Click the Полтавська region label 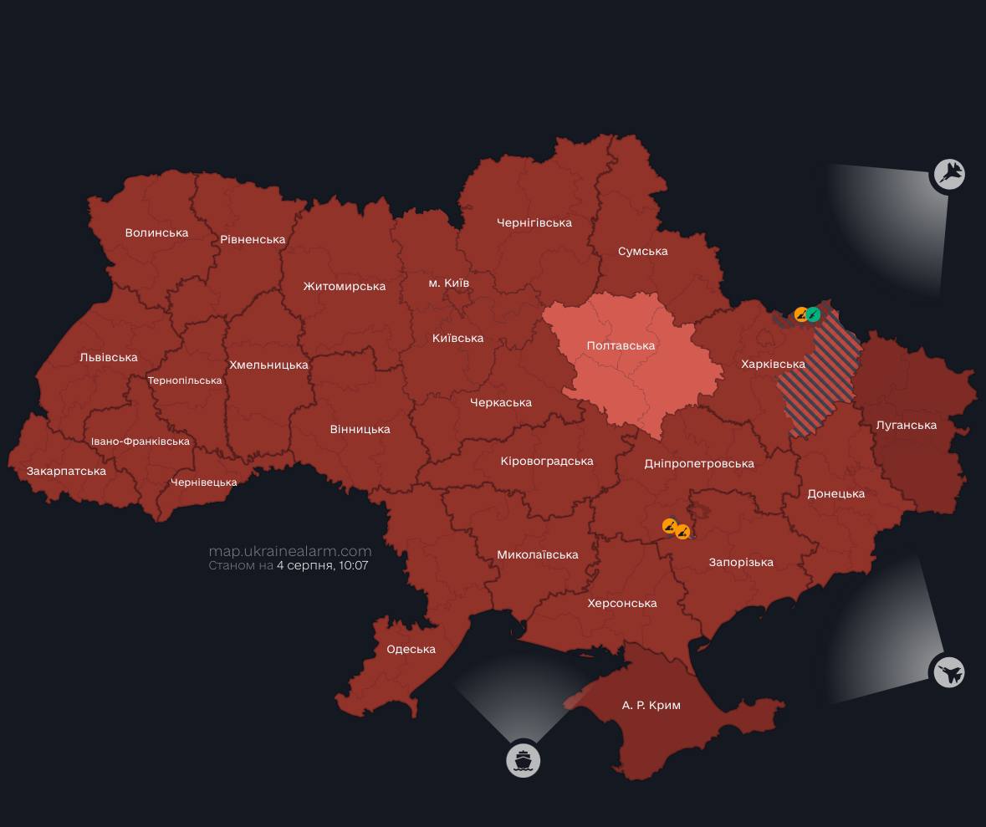coord(621,345)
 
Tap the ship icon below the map coord(524,761)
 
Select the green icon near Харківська coord(813,315)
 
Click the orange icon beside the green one coord(801,315)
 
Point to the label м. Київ coord(448,283)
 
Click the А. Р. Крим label coord(651,705)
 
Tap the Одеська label coord(411,649)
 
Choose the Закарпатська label coord(66,471)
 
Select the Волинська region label coord(156,232)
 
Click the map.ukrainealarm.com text coord(290,551)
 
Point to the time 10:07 coord(353,565)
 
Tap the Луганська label coord(906,425)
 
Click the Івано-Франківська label coord(140,441)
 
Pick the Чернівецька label coord(203,482)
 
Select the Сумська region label coord(642,251)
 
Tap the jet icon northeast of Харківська coord(949,174)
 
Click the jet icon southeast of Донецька coord(948,671)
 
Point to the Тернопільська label coord(185,380)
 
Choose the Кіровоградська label coord(547,461)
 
